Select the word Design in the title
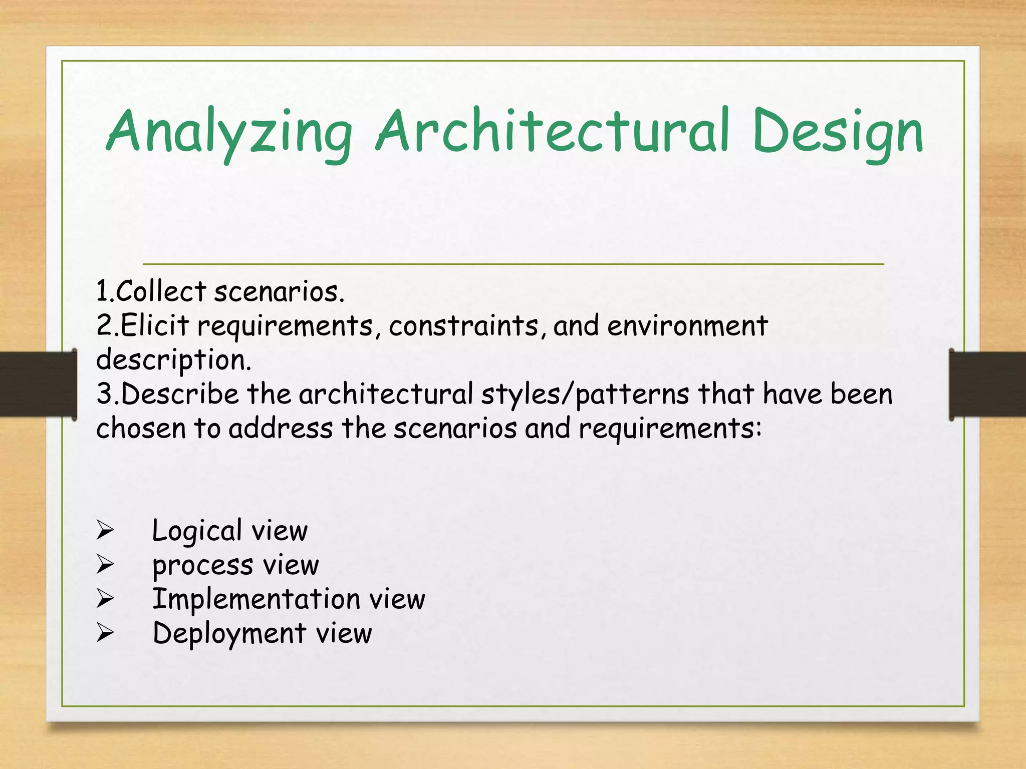pyautogui.click(x=837, y=133)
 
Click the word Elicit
pyautogui.click(x=154, y=325)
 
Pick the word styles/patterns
pyautogui.click(x=585, y=395)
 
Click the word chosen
pyautogui.click(x=141, y=429)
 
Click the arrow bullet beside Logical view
pyautogui.click(x=105, y=530)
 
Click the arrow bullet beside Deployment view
pyautogui.click(x=105, y=633)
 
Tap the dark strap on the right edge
pyautogui.click(x=987, y=384)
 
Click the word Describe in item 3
pyautogui.click(x=179, y=394)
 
